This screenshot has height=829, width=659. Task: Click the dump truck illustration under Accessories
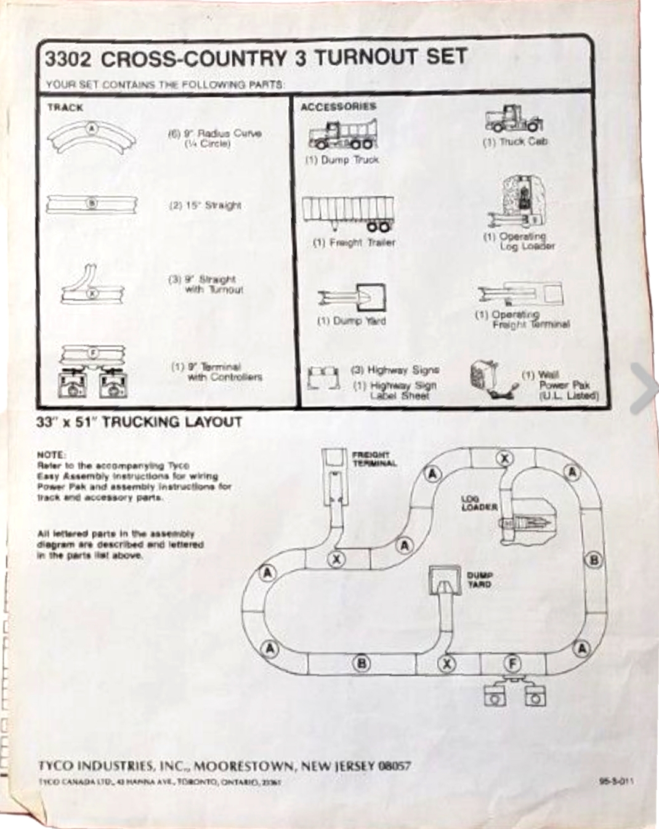click(x=342, y=134)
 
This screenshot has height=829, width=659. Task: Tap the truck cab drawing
click(x=514, y=119)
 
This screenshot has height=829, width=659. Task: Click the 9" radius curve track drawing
click(x=92, y=137)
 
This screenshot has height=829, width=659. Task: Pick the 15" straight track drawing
click(x=92, y=203)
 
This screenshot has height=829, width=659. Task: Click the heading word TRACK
click(x=65, y=108)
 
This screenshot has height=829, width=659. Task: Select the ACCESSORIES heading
click(x=338, y=107)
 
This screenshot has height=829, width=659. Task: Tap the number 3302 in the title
click(x=68, y=59)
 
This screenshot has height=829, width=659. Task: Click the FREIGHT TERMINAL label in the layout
click(x=374, y=459)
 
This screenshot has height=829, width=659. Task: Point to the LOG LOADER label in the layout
click(x=479, y=503)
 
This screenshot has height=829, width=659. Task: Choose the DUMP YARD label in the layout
click(x=479, y=580)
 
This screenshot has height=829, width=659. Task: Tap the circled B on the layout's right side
click(x=594, y=560)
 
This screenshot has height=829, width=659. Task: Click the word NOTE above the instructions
click(x=51, y=455)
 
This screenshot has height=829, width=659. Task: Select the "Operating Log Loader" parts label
click(x=519, y=241)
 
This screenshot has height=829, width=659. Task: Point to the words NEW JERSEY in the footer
click(x=338, y=766)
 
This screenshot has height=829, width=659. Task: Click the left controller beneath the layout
click(x=494, y=697)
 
